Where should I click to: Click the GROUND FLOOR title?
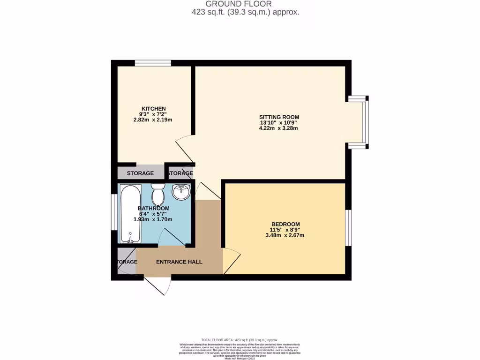coord(246,4)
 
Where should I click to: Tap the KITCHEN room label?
coord(154,108)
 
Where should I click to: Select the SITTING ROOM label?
coord(279,117)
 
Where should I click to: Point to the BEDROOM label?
coord(285,224)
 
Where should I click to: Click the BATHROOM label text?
coord(153,208)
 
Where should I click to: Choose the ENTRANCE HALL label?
coord(179,262)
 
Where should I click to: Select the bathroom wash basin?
coord(180,191)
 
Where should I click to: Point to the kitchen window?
coord(153,63)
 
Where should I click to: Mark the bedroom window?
coord(348,228)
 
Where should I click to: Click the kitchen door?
coord(185,147)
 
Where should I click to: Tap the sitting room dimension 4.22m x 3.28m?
coord(279,128)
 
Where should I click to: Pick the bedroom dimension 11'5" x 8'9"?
coord(285,230)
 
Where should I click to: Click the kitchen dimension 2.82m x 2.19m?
coord(154,120)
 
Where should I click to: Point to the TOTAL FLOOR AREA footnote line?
coord(240,340)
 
